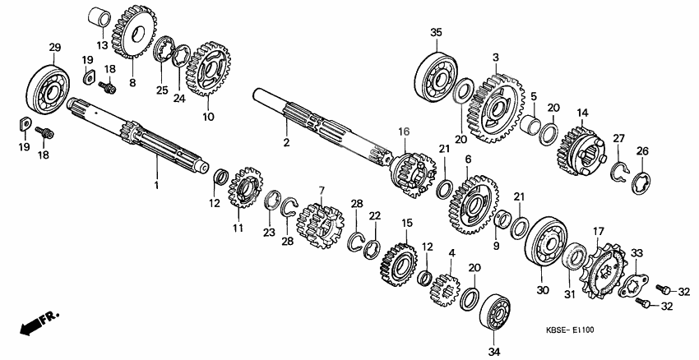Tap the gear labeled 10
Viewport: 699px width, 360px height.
click(x=208, y=69)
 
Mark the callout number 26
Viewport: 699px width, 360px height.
click(x=643, y=150)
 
